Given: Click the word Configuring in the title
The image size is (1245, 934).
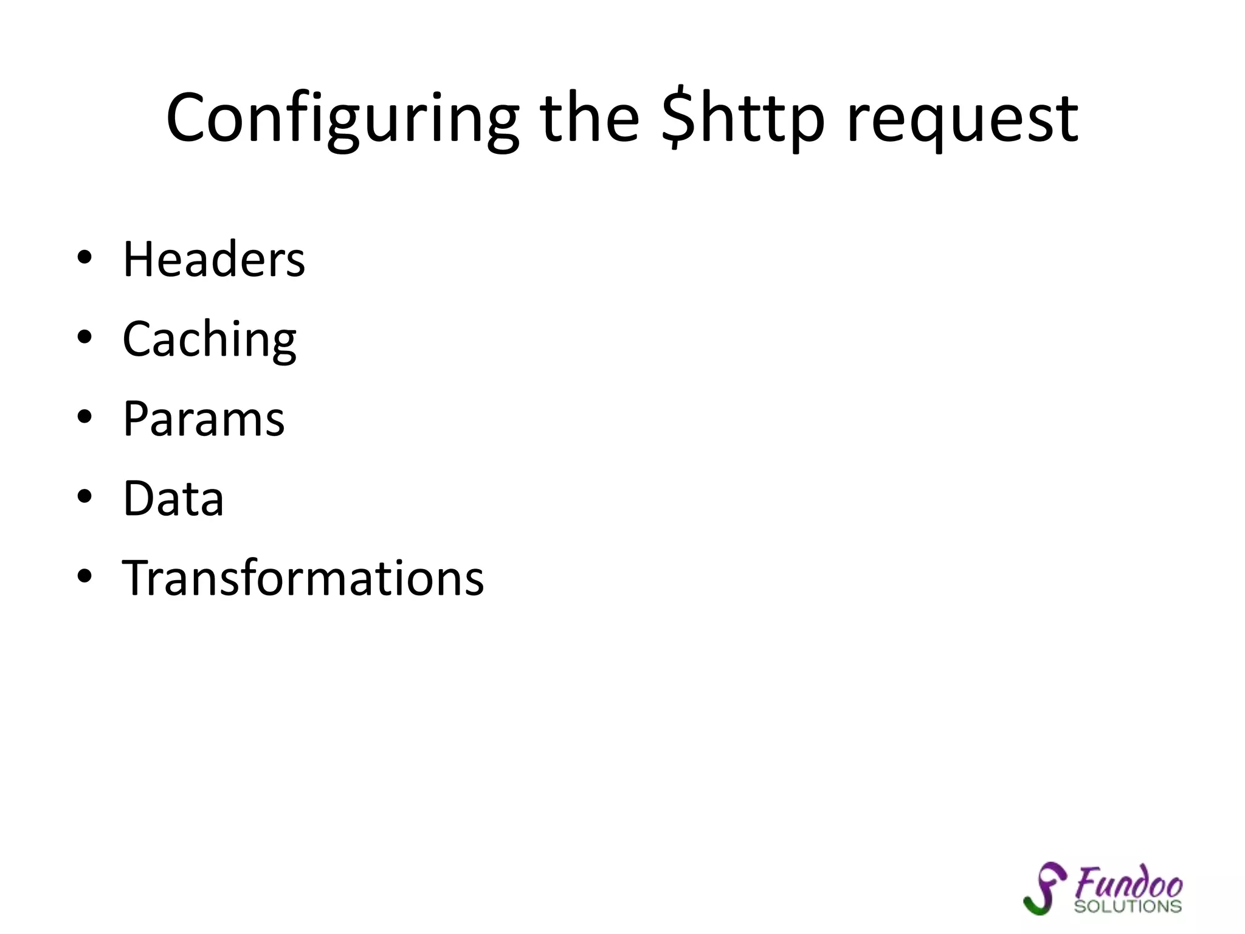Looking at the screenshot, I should pyautogui.click(x=342, y=119).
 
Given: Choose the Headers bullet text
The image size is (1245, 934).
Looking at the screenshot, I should pyautogui.click(x=214, y=260).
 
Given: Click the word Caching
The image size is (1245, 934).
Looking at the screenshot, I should pyautogui.click(x=209, y=340).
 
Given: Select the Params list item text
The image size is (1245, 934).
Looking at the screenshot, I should pyautogui.click(x=204, y=419).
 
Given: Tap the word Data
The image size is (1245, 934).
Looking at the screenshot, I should pyautogui.click(x=173, y=499).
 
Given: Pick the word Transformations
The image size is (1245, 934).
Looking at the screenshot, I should pyautogui.click(x=303, y=578).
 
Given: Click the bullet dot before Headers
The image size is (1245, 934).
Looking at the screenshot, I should pyautogui.click(x=84, y=257).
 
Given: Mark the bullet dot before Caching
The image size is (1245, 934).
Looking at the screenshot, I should pyautogui.click(x=84, y=337).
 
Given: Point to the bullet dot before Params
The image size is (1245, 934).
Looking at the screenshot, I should pyautogui.click(x=84, y=417).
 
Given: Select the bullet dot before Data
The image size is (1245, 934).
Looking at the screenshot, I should pyautogui.click(x=84, y=496).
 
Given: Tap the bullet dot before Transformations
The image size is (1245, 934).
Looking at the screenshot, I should pyautogui.click(x=84, y=576).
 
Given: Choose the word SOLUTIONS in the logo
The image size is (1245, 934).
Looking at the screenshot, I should pyautogui.click(x=1128, y=907).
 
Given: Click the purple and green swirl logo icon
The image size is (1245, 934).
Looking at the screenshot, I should pyautogui.click(x=1044, y=888).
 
